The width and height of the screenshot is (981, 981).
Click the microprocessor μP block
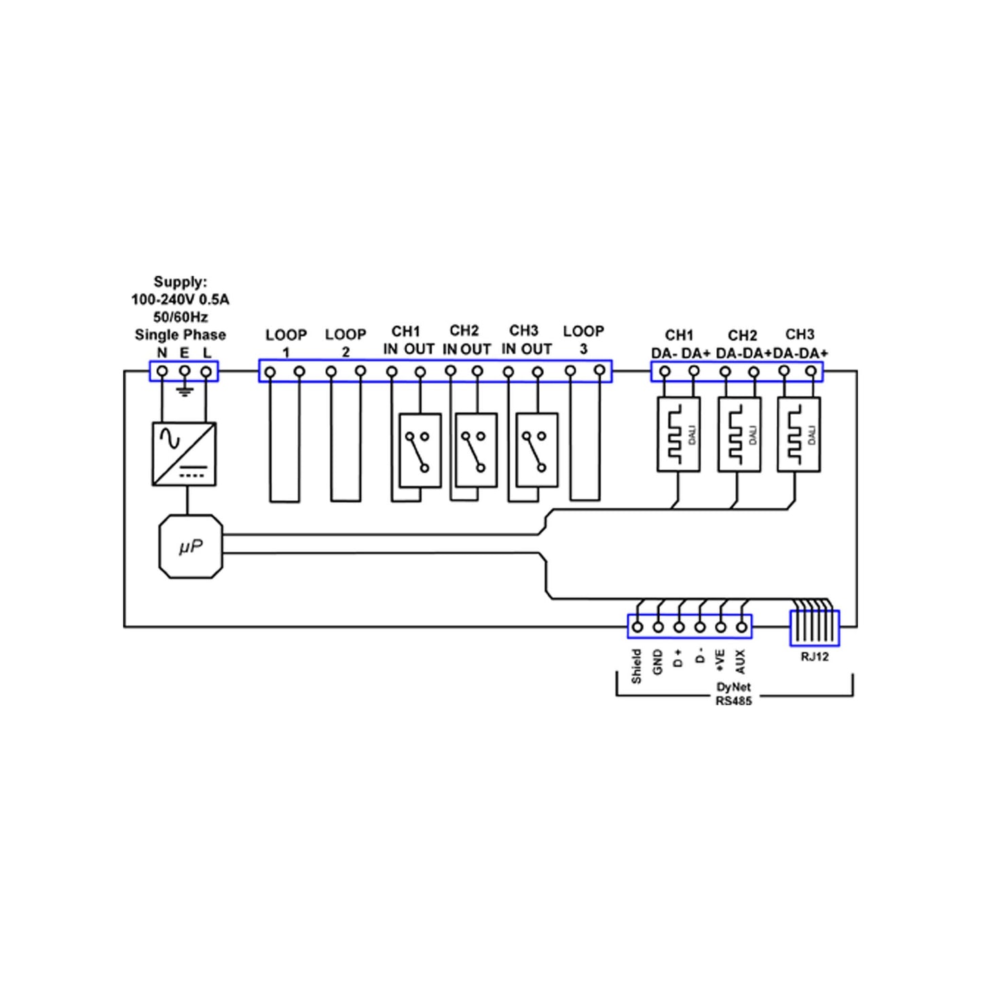191,547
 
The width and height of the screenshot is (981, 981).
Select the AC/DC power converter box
184,454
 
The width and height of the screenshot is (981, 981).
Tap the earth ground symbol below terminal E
185,391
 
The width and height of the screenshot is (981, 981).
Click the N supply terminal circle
162,371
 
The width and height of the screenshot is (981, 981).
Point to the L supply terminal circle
206,371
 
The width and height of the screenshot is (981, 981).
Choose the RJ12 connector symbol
815,628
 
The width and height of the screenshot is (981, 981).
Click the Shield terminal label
636,667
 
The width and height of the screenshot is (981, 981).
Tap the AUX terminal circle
742,627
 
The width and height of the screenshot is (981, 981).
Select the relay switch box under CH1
420,451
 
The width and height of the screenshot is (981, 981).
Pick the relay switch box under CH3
537,451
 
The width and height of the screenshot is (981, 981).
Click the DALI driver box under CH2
739,434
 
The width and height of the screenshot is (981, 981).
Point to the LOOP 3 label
583,340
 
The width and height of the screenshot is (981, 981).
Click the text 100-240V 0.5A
180,300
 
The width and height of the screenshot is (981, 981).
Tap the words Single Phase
180,335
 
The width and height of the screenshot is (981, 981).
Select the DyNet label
734,687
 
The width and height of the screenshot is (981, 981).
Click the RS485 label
734,701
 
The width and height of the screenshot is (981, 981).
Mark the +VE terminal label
720,661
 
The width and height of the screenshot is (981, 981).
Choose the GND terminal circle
659,627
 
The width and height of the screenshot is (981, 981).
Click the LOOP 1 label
286,344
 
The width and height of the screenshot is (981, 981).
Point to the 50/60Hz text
181,317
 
